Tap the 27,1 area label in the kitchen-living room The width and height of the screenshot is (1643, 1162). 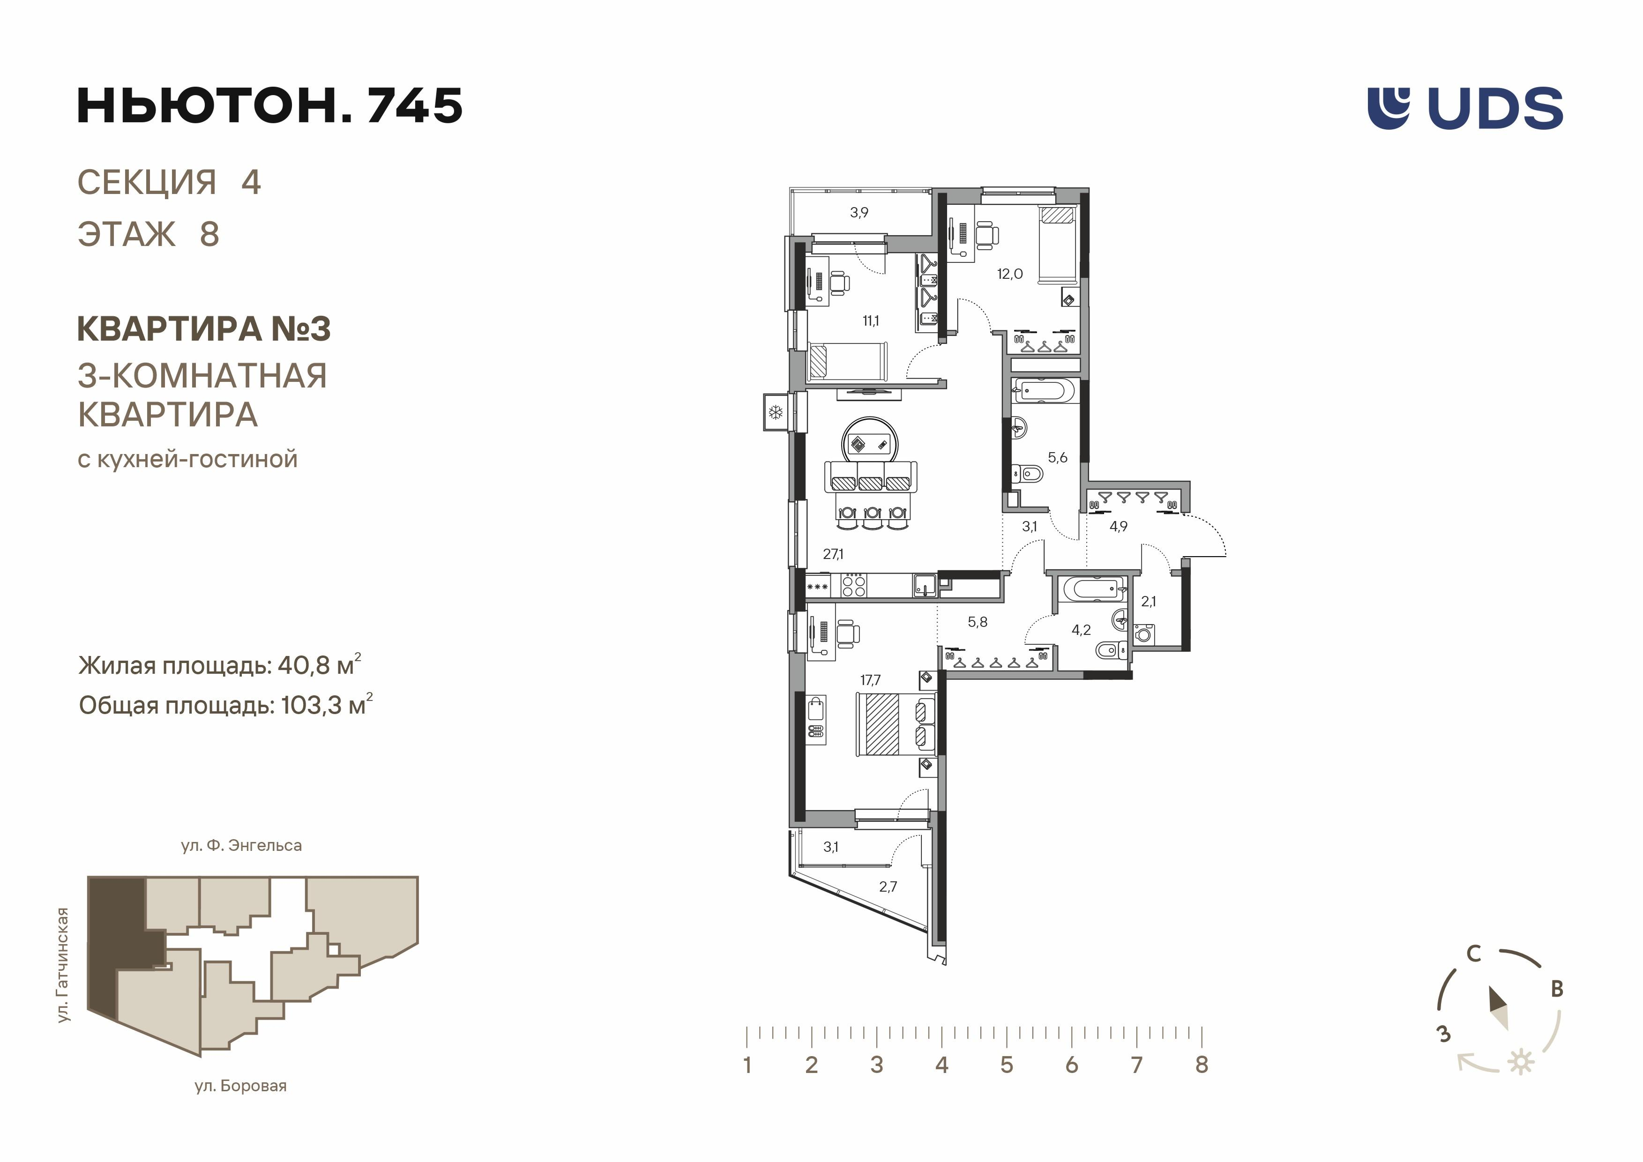pos(833,554)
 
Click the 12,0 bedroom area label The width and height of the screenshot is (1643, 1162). pos(1010,274)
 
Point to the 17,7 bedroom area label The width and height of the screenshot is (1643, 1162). pos(870,680)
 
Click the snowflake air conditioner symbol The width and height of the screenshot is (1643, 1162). pos(775,412)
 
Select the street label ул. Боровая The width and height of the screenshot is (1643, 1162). pos(240,1086)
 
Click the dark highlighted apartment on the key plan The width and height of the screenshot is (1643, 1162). pos(114,945)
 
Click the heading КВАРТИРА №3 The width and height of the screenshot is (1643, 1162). pos(203,329)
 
